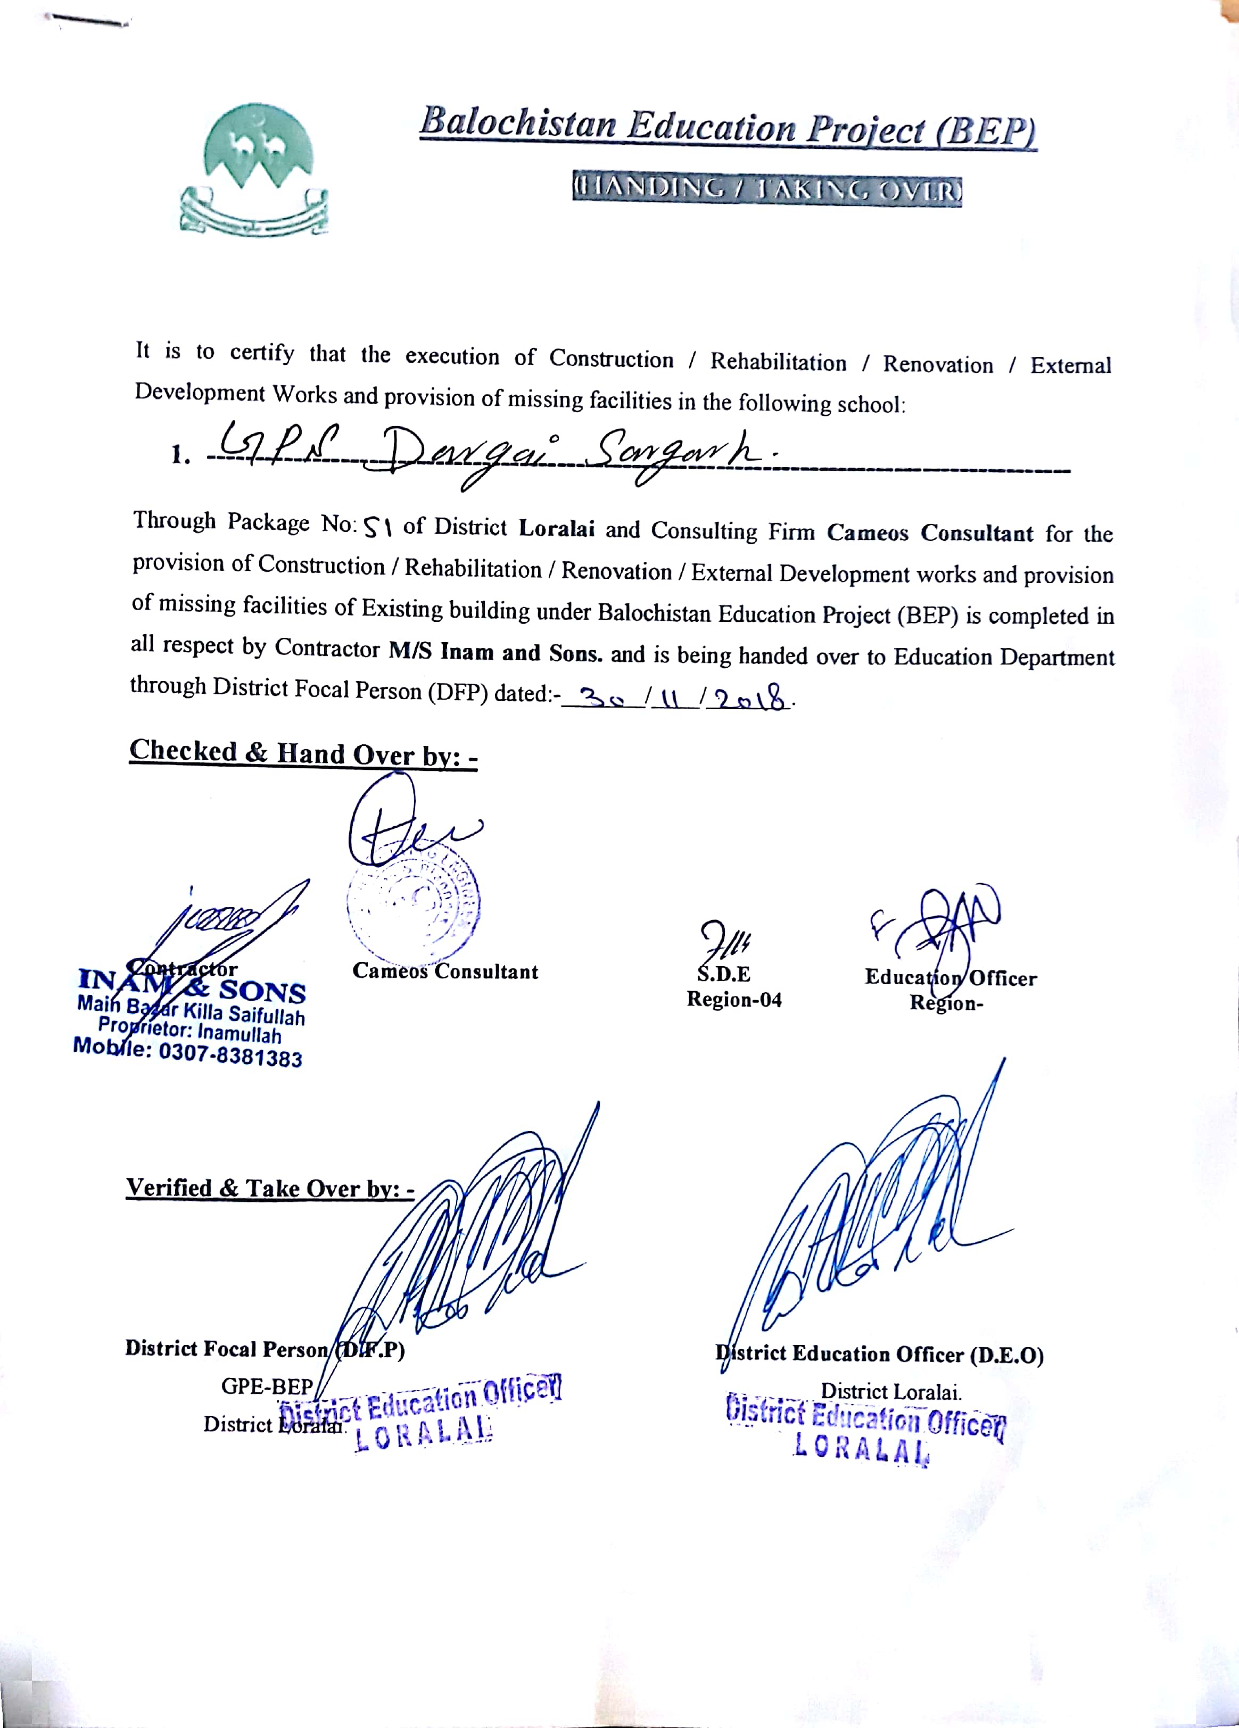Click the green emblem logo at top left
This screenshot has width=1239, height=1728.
click(254, 169)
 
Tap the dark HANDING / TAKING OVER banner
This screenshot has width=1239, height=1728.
click(767, 191)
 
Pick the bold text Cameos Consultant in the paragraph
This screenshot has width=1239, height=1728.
click(930, 533)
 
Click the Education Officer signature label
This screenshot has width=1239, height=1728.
click(950, 978)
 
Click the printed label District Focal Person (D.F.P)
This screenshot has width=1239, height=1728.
click(265, 1349)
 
